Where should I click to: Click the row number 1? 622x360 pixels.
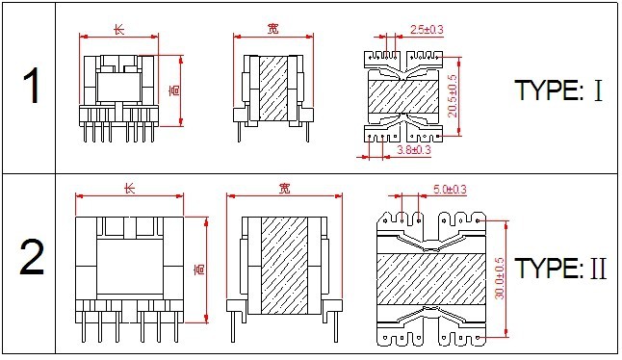(x=31, y=86)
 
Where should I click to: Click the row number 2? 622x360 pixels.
(x=32, y=257)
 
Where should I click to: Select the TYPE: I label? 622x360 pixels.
(x=558, y=90)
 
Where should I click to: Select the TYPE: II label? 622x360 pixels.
(x=560, y=269)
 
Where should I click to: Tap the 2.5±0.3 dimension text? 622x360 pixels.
(x=427, y=30)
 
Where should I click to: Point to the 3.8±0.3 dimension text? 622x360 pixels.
(x=414, y=150)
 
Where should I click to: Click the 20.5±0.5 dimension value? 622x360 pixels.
(x=453, y=96)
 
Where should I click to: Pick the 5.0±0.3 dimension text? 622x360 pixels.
(x=450, y=190)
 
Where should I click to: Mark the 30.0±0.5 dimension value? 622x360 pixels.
(x=500, y=278)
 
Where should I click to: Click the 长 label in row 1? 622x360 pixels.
(x=119, y=29)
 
